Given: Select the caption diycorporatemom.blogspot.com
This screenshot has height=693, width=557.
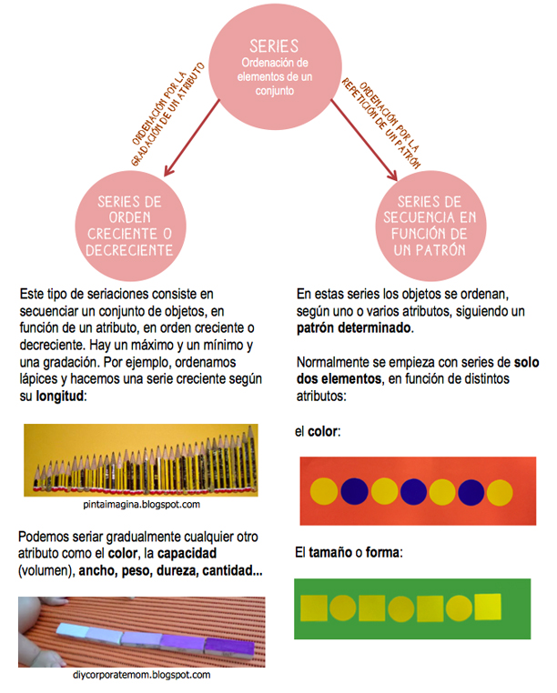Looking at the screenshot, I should (x=141, y=676).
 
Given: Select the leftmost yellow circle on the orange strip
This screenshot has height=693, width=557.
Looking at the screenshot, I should (x=324, y=491).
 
